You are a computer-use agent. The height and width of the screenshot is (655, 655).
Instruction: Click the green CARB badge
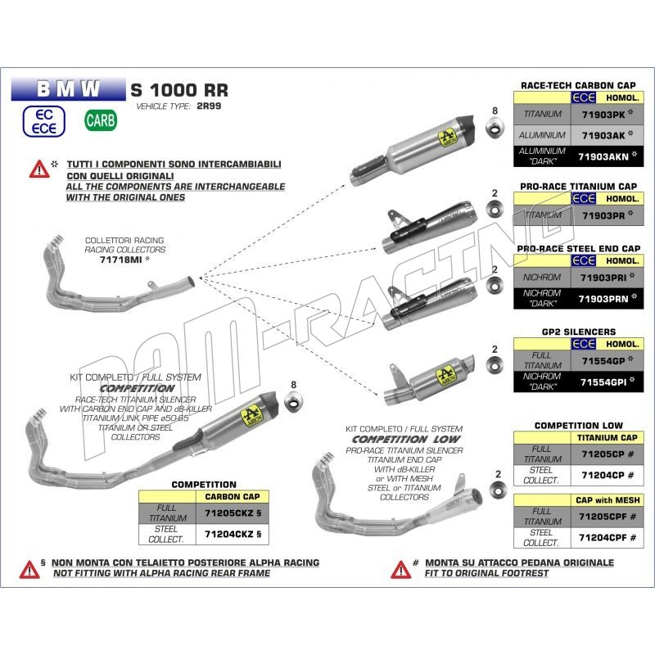click(x=101, y=120)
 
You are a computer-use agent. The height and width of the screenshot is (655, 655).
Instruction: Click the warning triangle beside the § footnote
click(x=29, y=568)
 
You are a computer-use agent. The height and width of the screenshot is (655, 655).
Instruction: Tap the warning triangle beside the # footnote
click(x=400, y=568)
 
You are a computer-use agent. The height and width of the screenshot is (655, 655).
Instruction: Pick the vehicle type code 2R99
click(x=207, y=106)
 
